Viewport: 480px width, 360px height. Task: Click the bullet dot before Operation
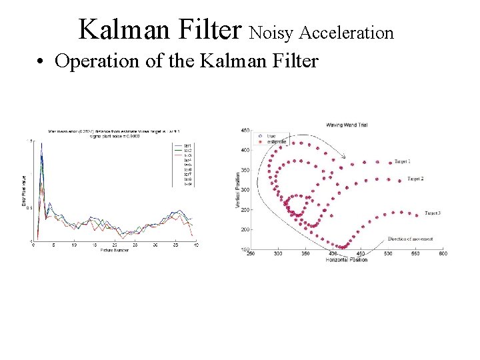(41, 62)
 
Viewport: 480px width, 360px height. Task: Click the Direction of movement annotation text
(410, 239)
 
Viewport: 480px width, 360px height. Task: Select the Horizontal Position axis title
(347, 259)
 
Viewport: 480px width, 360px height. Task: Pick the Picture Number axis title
(115, 251)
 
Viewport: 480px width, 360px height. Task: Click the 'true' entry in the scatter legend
(271, 136)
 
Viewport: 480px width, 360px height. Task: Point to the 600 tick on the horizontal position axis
(443, 253)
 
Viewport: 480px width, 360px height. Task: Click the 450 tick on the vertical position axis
(245, 130)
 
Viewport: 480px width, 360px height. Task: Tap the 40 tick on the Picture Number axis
(196, 245)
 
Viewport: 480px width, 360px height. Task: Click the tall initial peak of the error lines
(42, 145)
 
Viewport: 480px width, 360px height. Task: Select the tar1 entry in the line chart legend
(188, 145)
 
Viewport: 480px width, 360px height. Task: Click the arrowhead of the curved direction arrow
(344, 157)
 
